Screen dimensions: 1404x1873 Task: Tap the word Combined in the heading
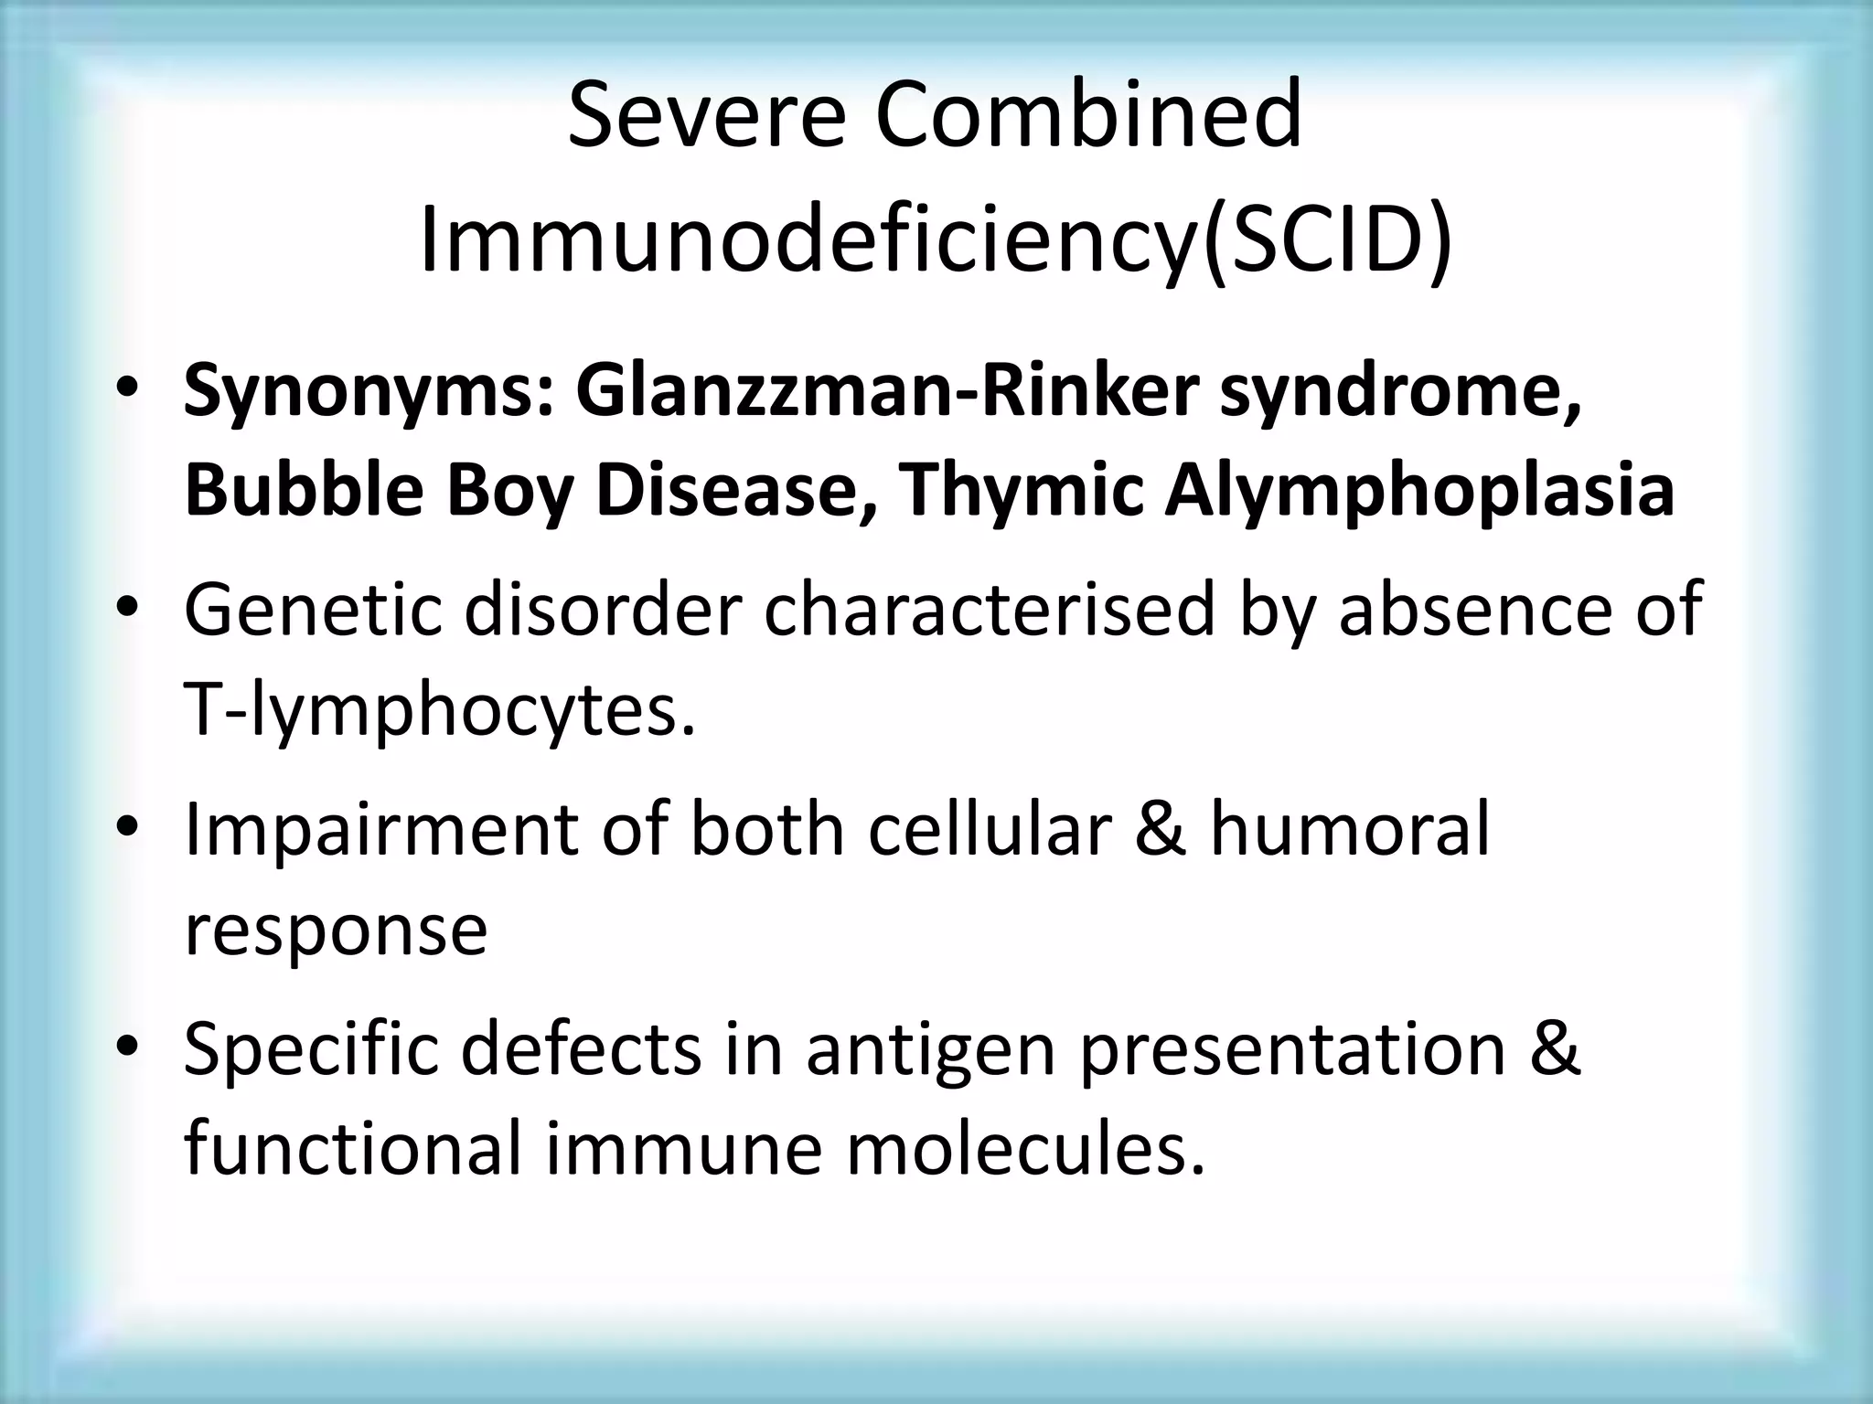[x=1088, y=115]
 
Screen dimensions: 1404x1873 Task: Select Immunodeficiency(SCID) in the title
[x=936, y=239]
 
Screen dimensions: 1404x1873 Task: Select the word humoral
[x=1350, y=828]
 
